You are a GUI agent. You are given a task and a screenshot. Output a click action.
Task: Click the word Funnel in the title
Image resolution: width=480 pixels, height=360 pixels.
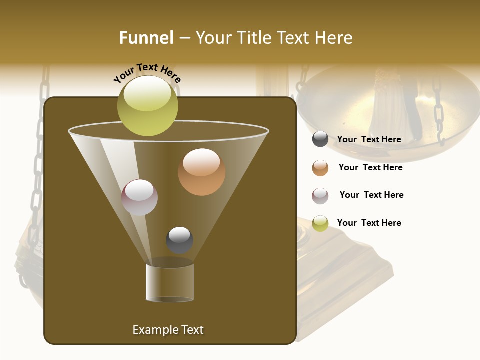[x=146, y=38]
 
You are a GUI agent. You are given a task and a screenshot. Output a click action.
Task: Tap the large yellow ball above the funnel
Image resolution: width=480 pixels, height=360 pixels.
[x=147, y=106]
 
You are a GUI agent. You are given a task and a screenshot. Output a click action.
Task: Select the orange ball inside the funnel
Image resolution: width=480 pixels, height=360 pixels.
[x=201, y=172]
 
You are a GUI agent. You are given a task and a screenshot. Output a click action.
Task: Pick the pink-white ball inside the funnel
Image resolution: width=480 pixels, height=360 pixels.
[x=139, y=197]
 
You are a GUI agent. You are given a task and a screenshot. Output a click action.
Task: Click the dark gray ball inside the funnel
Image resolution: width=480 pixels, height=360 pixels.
[x=179, y=240]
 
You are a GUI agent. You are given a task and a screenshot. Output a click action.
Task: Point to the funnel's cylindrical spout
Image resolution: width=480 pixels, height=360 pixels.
[x=169, y=282]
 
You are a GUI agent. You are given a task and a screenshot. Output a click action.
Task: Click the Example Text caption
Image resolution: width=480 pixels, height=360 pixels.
[x=168, y=330]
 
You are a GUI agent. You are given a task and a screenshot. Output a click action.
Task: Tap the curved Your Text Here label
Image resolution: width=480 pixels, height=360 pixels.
[x=147, y=73]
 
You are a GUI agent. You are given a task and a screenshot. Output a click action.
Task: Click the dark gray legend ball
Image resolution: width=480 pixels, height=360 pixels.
[x=320, y=139]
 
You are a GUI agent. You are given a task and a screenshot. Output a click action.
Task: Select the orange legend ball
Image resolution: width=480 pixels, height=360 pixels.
[x=320, y=168]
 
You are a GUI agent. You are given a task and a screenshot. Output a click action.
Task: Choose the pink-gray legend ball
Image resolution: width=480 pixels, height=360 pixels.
[x=320, y=196]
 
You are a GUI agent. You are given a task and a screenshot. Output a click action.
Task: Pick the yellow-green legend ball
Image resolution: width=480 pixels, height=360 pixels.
[x=320, y=223]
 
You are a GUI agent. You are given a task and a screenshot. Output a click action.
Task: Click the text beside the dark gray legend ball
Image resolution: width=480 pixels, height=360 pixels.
[x=369, y=140]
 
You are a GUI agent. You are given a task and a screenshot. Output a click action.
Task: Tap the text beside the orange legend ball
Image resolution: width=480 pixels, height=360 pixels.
[x=370, y=168]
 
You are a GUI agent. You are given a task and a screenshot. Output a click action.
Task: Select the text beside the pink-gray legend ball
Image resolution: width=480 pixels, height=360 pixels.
[x=371, y=195]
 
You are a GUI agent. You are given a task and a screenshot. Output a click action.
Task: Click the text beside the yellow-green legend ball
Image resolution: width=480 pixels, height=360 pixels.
[x=369, y=223]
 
